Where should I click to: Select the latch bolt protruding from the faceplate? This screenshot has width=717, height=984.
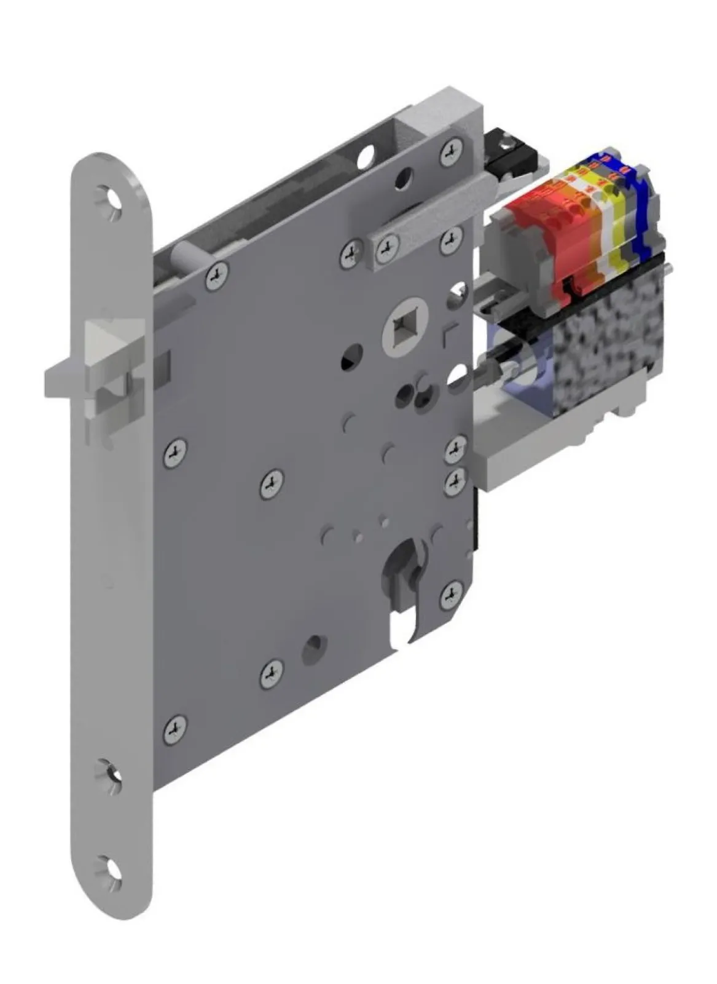tap(68, 375)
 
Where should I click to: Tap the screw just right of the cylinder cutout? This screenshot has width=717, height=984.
tap(452, 592)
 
